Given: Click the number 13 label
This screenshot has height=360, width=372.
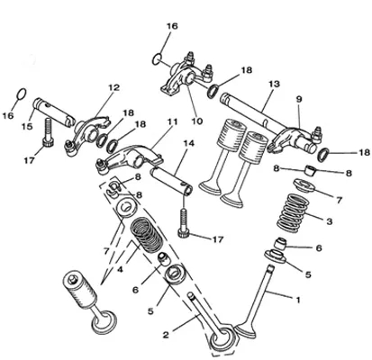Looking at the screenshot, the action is pos(274,84).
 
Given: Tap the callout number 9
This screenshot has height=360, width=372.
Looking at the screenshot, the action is pos(298,99).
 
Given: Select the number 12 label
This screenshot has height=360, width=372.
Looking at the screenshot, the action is pos(113,87).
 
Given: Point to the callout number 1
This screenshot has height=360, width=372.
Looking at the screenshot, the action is pos(298,300).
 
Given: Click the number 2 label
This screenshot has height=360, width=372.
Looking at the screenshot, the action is pos(166,335).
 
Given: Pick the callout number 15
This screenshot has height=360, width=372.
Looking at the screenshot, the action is pos(27,127).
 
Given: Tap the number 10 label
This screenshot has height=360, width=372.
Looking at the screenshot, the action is pos(197,121).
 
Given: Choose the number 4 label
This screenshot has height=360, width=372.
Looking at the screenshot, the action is pos(120,270).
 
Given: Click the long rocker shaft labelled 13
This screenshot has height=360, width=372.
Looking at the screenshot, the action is pos(251,112).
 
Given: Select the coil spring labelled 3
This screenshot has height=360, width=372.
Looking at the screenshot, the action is pos(290,213).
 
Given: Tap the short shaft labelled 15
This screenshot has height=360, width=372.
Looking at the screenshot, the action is pos(53,110).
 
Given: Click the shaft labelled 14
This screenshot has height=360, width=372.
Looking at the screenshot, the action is pos(171,181).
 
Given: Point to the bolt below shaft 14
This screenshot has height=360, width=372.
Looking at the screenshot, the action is pos(184,223).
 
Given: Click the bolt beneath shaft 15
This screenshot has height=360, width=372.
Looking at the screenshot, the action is pos(48,133).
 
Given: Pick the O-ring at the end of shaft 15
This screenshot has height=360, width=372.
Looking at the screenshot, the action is pos(19,94).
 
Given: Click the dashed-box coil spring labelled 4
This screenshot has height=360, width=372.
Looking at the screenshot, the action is pos(147,235).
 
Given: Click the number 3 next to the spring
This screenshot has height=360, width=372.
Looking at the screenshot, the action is pos(330,221).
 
